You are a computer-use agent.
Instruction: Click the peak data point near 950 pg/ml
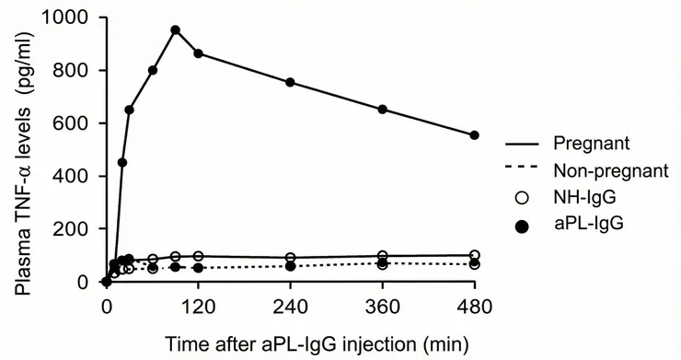pos(175,29)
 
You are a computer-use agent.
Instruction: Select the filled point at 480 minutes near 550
pos(475,135)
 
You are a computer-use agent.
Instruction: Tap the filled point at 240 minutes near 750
pos(291,82)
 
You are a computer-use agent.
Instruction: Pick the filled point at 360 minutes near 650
pos(383,109)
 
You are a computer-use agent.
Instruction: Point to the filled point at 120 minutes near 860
pos(198,53)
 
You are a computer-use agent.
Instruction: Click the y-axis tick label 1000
pos(73,17)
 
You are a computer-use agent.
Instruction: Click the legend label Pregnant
pos(591,144)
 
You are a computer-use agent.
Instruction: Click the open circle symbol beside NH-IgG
pos(521,196)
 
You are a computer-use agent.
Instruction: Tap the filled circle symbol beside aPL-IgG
pos(521,223)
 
